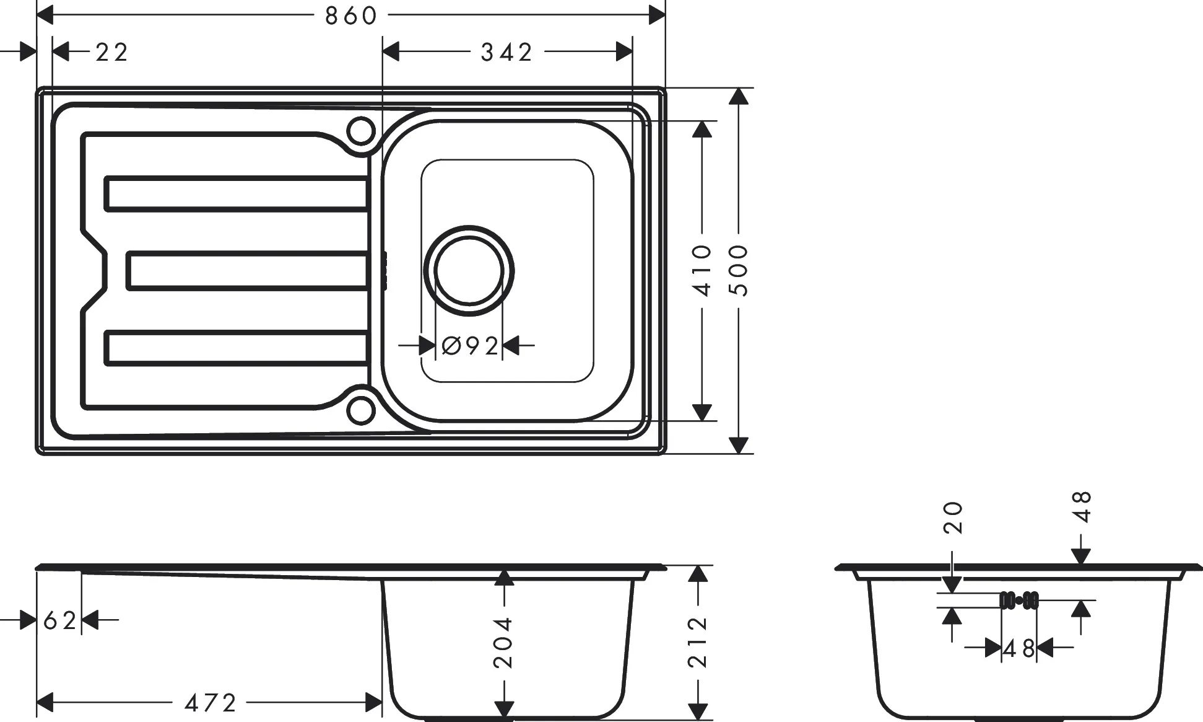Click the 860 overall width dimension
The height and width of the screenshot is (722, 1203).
tap(350, 16)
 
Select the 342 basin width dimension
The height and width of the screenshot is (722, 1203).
tap(506, 53)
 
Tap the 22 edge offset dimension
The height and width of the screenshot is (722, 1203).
tap(112, 53)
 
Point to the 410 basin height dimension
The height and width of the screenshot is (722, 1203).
tap(701, 270)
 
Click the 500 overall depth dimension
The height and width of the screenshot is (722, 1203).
tap(739, 270)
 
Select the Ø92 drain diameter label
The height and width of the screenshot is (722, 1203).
tap(471, 346)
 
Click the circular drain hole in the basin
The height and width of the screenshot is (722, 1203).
tap(469, 270)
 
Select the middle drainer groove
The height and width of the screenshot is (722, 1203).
tap(248, 271)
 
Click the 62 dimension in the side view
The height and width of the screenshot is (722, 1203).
tap(59, 620)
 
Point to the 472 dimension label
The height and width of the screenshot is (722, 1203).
tap(211, 703)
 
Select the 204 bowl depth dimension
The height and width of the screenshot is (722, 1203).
tap(503, 642)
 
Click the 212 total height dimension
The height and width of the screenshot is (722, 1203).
tap(698, 642)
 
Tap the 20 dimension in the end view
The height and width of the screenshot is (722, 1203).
tap(953, 517)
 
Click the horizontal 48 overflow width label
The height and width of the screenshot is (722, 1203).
tap(1019, 649)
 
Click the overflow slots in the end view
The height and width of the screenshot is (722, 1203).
tap(1019, 600)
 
